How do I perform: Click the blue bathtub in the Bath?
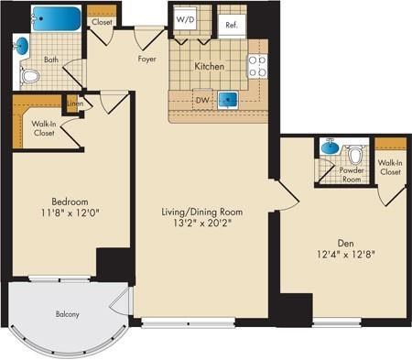57,18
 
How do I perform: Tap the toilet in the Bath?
29,76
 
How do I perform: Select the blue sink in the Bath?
21,46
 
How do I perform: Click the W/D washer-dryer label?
185,20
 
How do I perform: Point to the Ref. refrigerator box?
232,26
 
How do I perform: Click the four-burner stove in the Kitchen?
257,66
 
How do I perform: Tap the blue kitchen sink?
227,99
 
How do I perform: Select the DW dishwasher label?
202,100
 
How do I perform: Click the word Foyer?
146,59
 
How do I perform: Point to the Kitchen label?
210,66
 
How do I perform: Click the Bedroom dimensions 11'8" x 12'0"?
70,213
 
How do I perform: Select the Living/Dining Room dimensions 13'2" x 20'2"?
202,224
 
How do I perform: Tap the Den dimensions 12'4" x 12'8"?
346,255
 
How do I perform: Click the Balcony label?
67,314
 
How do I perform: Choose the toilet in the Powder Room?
354,155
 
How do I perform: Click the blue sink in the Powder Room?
331,147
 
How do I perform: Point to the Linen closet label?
75,104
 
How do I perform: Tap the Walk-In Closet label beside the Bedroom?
44,128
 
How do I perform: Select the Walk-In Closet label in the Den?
390,168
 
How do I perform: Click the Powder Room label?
352,175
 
